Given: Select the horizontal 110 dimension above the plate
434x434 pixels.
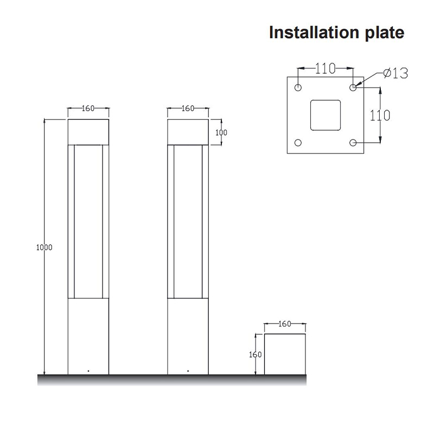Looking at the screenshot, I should (325, 68).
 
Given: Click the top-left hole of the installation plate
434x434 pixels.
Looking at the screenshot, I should (298, 87).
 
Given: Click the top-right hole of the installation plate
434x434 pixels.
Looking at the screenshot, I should (353, 87).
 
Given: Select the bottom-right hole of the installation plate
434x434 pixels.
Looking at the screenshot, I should (353, 143).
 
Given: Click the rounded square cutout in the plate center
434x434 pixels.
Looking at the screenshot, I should (325, 115).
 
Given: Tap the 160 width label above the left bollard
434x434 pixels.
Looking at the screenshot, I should (88, 108).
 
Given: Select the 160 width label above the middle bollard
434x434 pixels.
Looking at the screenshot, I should (188, 108).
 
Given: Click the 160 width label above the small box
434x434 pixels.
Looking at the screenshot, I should (284, 324).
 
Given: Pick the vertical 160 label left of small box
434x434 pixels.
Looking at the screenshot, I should (256, 355).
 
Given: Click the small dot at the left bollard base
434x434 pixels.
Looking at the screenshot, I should (88, 371).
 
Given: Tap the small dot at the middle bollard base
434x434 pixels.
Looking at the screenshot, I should (188, 371).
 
